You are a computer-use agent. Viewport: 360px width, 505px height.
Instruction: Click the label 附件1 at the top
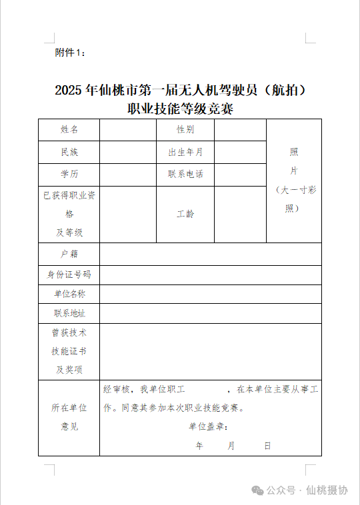pos(70,53)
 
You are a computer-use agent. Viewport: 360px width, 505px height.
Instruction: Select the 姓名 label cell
pos(69,130)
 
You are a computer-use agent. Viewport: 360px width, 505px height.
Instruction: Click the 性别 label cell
pos(185,130)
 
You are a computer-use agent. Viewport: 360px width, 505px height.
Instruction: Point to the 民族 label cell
pos(69,152)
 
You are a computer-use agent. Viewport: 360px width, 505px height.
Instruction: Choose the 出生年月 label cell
pos(185,152)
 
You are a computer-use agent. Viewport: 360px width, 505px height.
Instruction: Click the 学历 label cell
pos(69,174)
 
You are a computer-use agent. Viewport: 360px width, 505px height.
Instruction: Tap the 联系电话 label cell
pos(185,174)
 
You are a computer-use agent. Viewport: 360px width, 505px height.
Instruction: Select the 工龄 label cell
pos(185,214)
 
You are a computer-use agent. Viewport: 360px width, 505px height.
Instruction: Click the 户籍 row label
pos(69,254)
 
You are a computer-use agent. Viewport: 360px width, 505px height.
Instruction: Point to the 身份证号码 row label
pos(69,274)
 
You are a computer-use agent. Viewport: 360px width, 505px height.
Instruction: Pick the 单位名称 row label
pos(69,294)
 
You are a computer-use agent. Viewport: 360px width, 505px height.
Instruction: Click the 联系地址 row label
pos(69,313)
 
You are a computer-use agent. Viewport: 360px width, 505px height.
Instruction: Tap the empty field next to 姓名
pos(128,130)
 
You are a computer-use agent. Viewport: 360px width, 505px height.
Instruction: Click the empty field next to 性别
pos(240,130)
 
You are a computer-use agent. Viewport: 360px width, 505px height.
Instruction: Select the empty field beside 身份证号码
pos(211,274)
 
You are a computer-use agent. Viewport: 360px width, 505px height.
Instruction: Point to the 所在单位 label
pos(69,408)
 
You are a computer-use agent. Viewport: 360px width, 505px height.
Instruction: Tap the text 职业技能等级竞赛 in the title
pos(180,108)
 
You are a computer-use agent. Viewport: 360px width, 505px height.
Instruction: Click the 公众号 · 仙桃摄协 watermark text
pos(307,490)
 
